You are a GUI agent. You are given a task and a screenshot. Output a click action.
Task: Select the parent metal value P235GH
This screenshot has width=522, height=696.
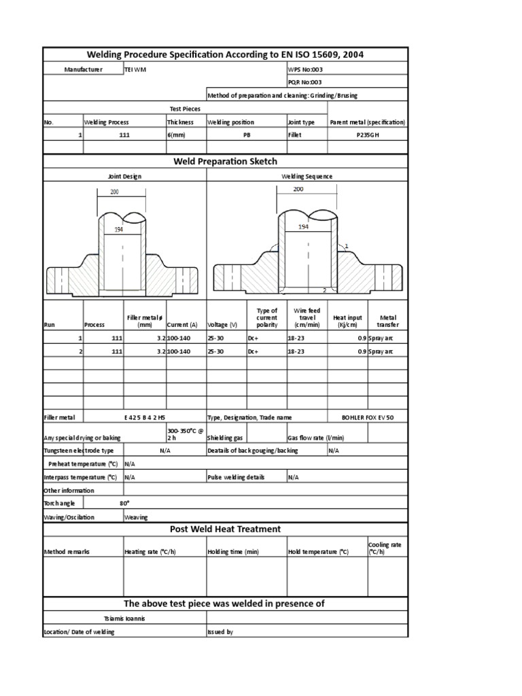(367, 135)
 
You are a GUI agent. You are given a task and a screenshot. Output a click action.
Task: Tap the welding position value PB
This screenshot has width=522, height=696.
(247, 135)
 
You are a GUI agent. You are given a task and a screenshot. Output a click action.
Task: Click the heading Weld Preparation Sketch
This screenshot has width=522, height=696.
(226, 161)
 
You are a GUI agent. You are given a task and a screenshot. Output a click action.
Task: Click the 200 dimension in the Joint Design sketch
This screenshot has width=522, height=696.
(115, 192)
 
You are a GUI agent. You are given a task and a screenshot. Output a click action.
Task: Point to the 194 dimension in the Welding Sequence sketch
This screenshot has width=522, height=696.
(303, 227)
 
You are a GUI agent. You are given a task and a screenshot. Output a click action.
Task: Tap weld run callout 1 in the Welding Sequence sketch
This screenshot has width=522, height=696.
(346, 245)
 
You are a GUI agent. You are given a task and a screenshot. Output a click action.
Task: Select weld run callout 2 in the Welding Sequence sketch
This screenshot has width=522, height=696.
(324, 290)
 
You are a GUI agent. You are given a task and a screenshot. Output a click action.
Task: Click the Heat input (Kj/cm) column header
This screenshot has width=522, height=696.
(347, 321)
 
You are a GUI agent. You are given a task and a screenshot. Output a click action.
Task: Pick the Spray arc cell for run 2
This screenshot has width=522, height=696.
(381, 351)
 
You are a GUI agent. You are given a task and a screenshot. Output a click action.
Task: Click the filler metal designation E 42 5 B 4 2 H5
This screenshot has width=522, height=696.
(144, 417)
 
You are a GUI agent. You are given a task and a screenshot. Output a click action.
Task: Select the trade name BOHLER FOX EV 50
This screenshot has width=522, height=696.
(367, 417)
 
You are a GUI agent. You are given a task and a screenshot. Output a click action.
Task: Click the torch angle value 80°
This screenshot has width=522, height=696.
(124, 504)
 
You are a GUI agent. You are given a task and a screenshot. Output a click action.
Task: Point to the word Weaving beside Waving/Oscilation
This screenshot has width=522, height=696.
(136, 517)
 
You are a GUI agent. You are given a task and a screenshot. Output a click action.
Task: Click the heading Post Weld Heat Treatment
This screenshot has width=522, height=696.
(226, 529)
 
